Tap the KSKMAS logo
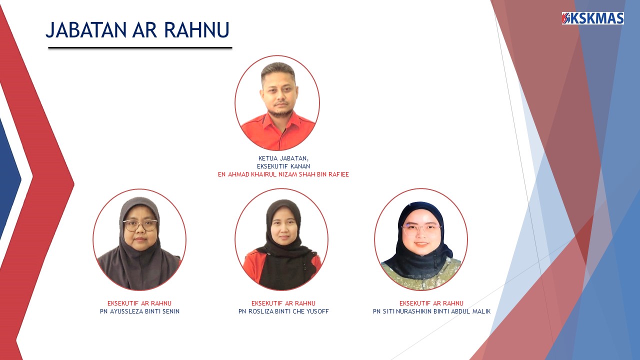click(592, 18)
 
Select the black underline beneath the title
click(140, 48)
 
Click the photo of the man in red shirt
click(277, 103)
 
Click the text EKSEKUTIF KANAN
click(283, 166)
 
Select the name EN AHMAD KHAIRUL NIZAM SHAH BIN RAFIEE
click(283, 174)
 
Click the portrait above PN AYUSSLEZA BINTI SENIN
click(139, 239)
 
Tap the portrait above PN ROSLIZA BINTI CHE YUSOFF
click(281, 239)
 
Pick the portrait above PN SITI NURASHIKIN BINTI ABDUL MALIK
click(421, 239)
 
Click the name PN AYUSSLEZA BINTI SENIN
click(139, 311)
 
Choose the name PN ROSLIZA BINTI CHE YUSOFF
click(283, 311)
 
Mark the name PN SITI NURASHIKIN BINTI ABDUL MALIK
click(431, 311)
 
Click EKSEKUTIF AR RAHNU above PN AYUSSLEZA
click(139, 303)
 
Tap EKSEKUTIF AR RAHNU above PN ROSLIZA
click(283, 303)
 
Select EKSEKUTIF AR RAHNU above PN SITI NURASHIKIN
click(431, 303)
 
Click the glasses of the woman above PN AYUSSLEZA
click(140, 225)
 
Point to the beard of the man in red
click(280, 112)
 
